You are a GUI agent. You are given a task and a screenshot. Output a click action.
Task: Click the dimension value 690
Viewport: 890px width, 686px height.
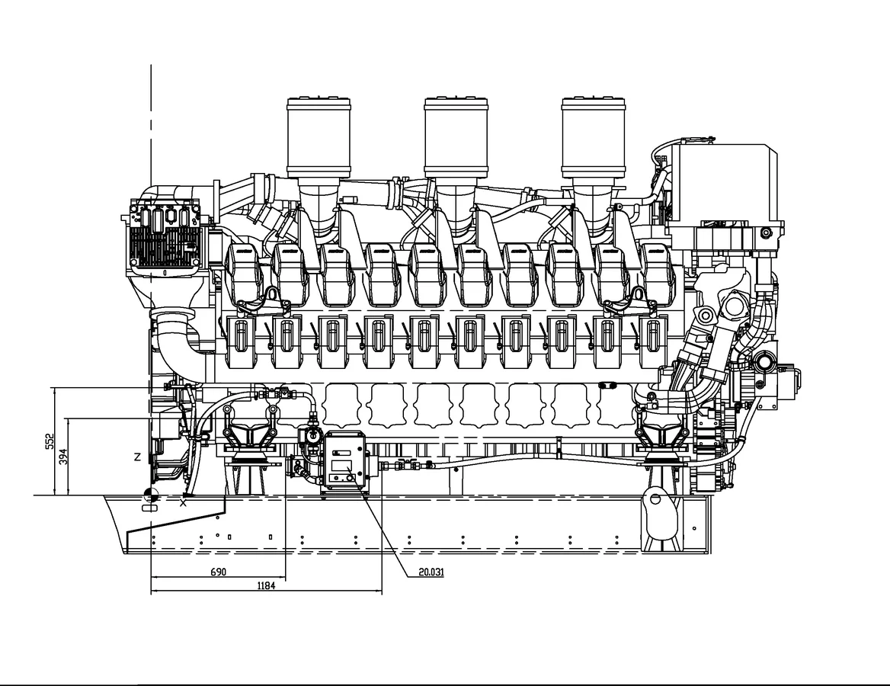click(x=219, y=572)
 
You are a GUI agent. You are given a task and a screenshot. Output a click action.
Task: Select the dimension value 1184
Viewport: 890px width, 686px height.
click(x=266, y=585)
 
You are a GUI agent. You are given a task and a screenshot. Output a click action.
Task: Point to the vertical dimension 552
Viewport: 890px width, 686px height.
click(x=50, y=442)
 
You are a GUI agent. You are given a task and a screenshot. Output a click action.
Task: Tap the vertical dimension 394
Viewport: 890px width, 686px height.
click(x=63, y=457)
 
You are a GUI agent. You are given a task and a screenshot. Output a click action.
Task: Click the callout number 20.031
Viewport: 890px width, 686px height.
click(x=431, y=572)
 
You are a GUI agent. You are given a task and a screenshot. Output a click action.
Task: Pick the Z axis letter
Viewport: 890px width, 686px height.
click(x=137, y=457)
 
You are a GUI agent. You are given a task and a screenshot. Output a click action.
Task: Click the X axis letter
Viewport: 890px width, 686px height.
click(x=184, y=503)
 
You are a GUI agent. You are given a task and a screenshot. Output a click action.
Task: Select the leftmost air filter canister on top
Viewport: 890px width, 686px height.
click(x=319, y=138)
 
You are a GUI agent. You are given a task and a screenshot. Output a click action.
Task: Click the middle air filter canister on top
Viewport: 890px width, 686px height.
click(x=456, y=138)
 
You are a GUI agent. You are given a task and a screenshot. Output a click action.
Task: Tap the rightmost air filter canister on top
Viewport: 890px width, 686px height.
click(x=594, y=138)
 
